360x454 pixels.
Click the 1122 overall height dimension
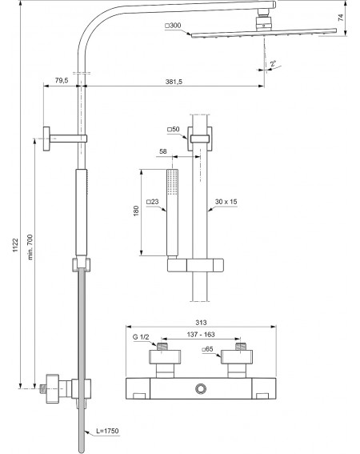[x=15, y=245]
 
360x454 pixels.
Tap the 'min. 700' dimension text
[x=30, y=247]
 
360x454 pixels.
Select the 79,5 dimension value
[x=62, y=80]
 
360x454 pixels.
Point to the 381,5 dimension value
[x=174, y=82]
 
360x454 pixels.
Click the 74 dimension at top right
[x=341, y=17]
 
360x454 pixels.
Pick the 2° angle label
[x=273, y=63]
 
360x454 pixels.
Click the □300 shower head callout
[x=173, y=26]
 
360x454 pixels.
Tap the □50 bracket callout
[x=174, y=129]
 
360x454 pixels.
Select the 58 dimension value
[x=163, y=151]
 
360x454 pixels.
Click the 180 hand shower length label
[x=136, y=211]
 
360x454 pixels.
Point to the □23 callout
[x=153, y=202]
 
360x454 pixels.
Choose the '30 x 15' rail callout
[x=226, y=202]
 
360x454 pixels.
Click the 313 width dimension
[x=201, y=323]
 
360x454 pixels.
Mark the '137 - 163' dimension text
[x=201, y=335]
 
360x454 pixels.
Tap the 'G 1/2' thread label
[x=141, y=337]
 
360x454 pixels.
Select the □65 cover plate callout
[x=207, y=349]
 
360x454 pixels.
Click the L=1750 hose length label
[x=107, y=431]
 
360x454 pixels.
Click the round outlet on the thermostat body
[x=200, y=388]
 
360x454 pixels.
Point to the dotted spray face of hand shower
[x=173, y=183]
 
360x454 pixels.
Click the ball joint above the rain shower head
[x=264, y=23]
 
